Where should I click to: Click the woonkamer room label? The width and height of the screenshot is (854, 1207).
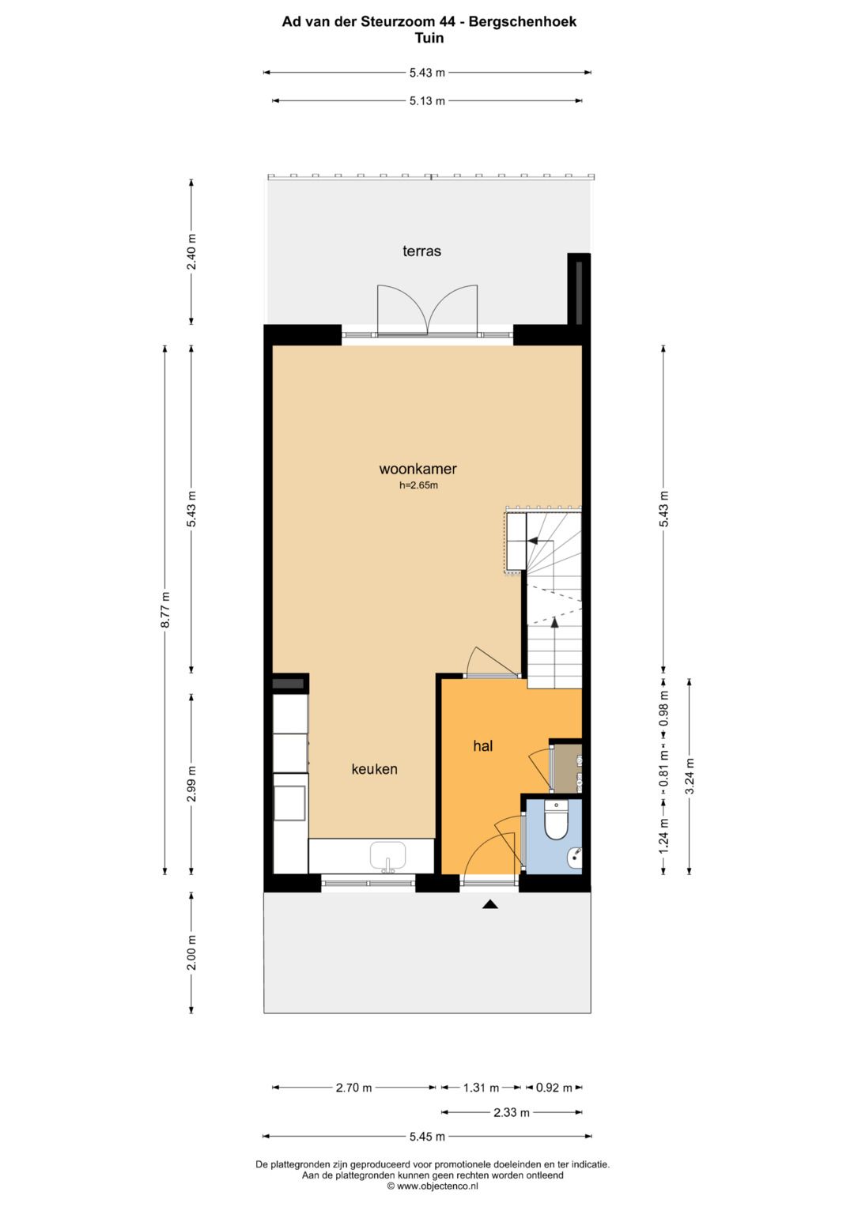click(418, 469)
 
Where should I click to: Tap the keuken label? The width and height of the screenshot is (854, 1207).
click(374, 769)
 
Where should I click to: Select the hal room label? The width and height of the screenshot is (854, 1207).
click(482, 745)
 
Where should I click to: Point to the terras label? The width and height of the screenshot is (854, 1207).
click(421, 251)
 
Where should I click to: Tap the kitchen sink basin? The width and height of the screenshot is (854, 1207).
click(387, 855)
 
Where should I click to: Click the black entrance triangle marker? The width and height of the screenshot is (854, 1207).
click(489, 905)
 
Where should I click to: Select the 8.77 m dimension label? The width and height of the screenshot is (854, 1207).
click(165, 609)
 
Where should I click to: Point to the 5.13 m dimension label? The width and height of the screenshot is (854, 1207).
click(427, 100)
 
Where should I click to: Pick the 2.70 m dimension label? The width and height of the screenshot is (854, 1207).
click(353, 1088)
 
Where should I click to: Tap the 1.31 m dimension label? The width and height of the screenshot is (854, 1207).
click(481, 1088)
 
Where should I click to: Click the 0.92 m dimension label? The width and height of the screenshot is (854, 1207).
click(554, 1088)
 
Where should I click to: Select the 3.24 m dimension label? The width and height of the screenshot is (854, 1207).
click(689, 776)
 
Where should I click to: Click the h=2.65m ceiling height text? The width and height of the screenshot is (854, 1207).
click(418, 485)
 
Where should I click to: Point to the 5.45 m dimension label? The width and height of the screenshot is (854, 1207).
click(427, 1137)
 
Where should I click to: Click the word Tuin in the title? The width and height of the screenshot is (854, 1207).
click(429, 38)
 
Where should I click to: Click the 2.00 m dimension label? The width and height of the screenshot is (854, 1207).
click(191, 952)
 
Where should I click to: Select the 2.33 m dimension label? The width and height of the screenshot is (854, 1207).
click(512, 1112)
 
